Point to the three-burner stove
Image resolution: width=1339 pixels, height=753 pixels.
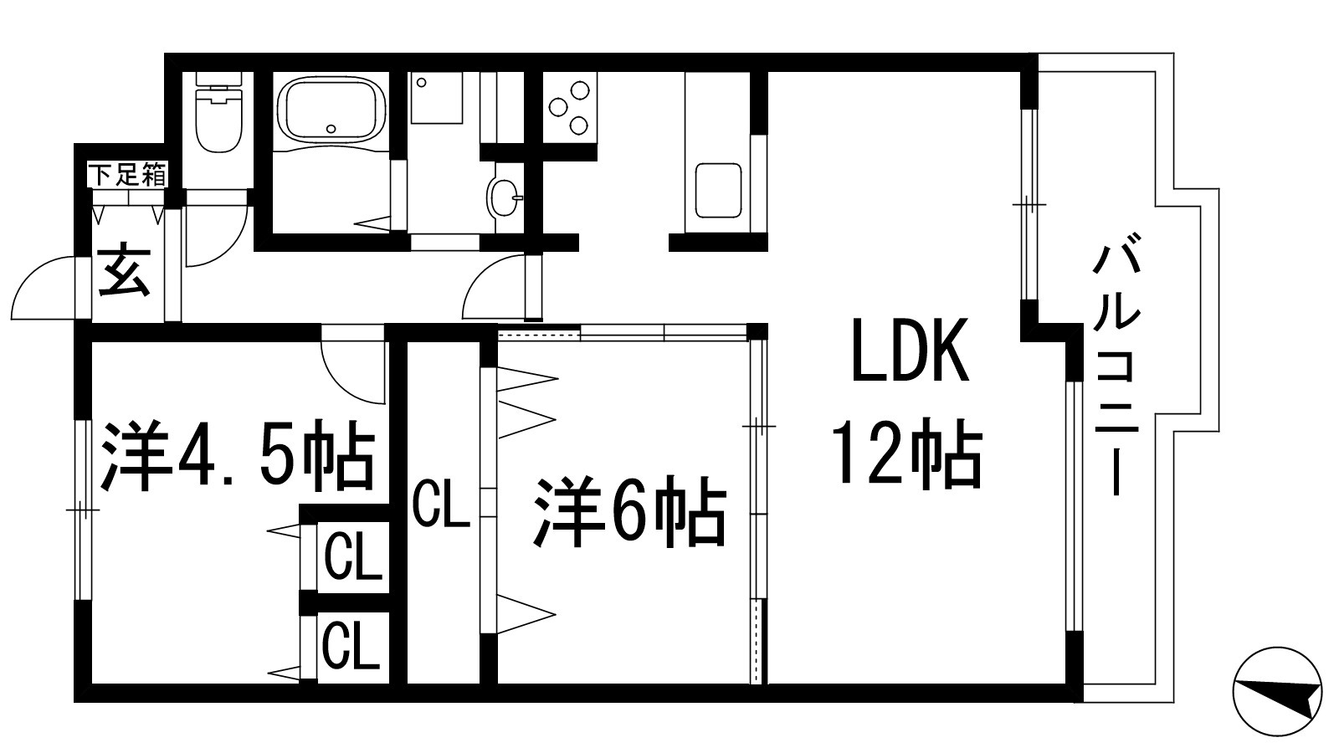[x=568, y=107]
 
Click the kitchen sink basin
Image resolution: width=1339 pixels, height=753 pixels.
[x=718, y=190]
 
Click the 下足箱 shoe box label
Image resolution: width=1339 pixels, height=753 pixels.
[x=127, y=175]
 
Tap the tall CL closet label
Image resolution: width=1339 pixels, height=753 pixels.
[x=441, y=503]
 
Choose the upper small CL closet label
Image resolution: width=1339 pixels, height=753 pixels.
[x=353, y=556]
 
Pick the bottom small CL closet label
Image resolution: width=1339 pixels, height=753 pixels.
[x=352, y=645]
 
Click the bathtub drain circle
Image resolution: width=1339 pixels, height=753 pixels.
[x=333, y=129]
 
